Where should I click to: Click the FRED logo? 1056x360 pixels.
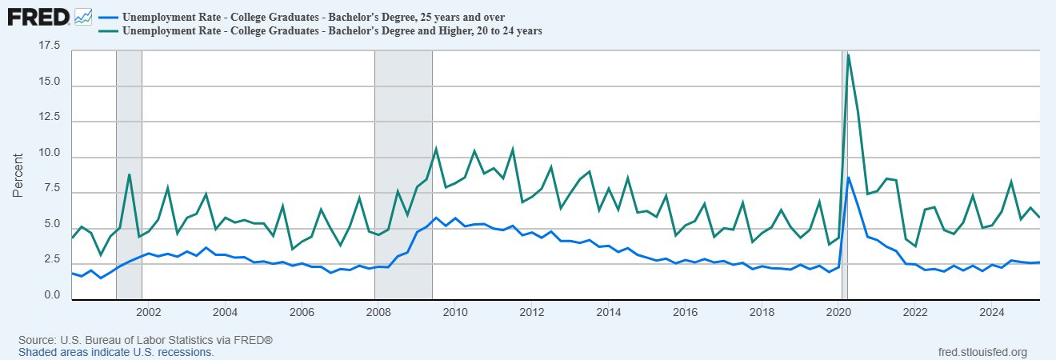tap(38, 16)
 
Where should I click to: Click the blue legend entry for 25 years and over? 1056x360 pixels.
tap(316, 16)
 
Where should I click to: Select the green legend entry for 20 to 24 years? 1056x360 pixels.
tap(331, 30)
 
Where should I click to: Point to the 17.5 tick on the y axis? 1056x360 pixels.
tap(50, 46)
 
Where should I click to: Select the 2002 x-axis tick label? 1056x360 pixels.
tap(149, 311)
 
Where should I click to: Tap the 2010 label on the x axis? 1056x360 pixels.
tap(455, 311)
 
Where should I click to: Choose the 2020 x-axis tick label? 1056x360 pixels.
tap(838, 311)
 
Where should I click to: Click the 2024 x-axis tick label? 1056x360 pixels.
tap(992, 311)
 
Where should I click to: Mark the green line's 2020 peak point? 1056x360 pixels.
tap(848, 54)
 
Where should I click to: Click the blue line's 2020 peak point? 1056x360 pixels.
tap(848, 178)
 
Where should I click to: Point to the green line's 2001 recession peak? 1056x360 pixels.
tap(129, 174)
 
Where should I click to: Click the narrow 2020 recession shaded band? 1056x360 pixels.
tap(845, 240)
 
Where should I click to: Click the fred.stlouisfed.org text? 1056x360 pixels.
tap(981, 352)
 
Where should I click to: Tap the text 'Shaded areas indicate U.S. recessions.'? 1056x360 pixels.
tap(116, 352)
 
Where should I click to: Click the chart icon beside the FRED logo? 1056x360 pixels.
tap(83, 16)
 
